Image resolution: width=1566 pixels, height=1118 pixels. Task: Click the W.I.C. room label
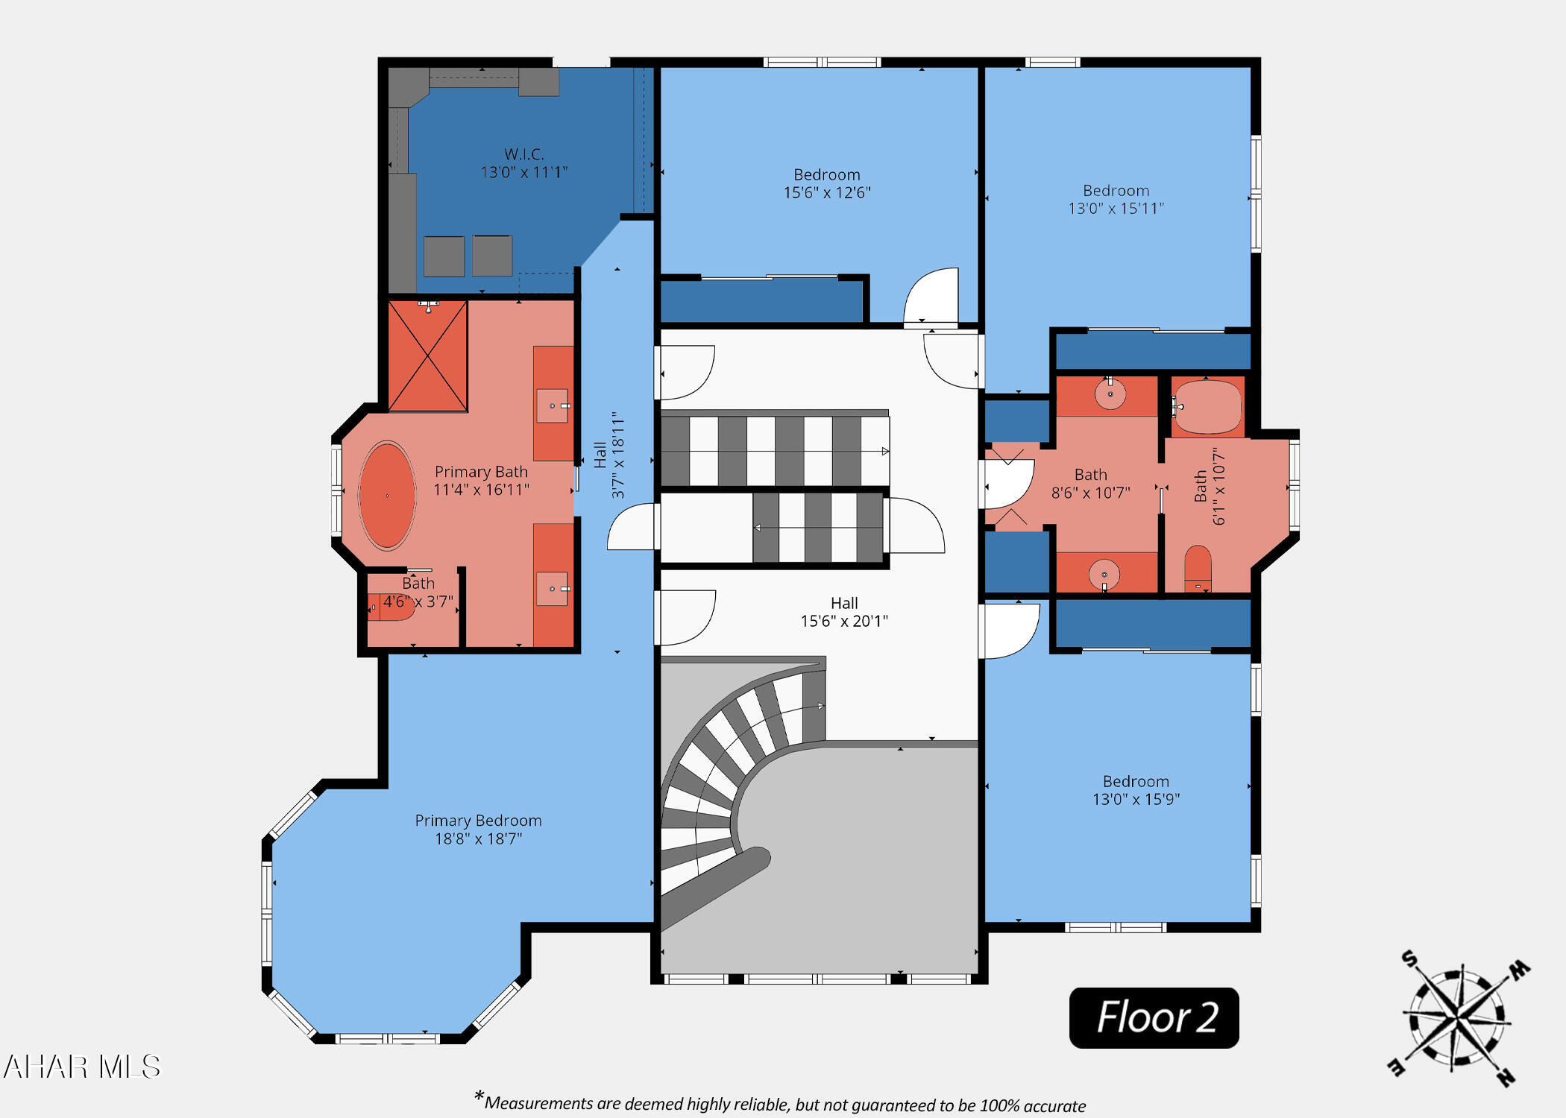[x=523, y=163]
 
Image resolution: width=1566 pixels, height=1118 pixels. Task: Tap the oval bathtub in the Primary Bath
[x=387, y=496]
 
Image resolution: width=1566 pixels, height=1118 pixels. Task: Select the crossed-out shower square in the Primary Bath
[x=428, y=356]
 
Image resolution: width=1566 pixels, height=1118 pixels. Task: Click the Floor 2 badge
[x=1154, y=1017]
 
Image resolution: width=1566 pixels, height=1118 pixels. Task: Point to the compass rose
[x=1458, y=1019]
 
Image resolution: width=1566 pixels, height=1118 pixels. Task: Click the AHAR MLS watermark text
[x=82, y=1067]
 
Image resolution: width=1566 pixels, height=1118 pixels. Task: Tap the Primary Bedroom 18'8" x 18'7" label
[x=478, y=829]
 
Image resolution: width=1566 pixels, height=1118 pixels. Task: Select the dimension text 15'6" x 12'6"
[x=826, y=192]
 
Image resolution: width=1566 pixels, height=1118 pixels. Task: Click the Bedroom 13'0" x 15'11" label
[x=1116, y=199]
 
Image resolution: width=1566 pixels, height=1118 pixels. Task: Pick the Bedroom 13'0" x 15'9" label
[x=1136, y=790]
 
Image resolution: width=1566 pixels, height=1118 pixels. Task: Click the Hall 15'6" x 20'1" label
[x=844, y=612]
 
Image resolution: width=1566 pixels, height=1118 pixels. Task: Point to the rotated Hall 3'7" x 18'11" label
[x=609, y=455]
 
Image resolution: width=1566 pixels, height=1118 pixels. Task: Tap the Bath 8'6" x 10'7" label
[x=1090, y=483]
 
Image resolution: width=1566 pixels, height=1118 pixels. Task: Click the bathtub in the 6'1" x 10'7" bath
[x=1207, y=407]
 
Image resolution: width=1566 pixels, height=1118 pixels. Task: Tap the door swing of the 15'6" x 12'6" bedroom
[x=932, y=297]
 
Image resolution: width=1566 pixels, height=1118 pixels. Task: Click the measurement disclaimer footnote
[x=780, y=1103]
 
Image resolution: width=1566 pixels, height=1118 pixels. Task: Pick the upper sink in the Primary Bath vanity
[x=553, y=405]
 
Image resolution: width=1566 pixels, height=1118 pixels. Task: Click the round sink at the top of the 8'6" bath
[x=1110, y=394]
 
